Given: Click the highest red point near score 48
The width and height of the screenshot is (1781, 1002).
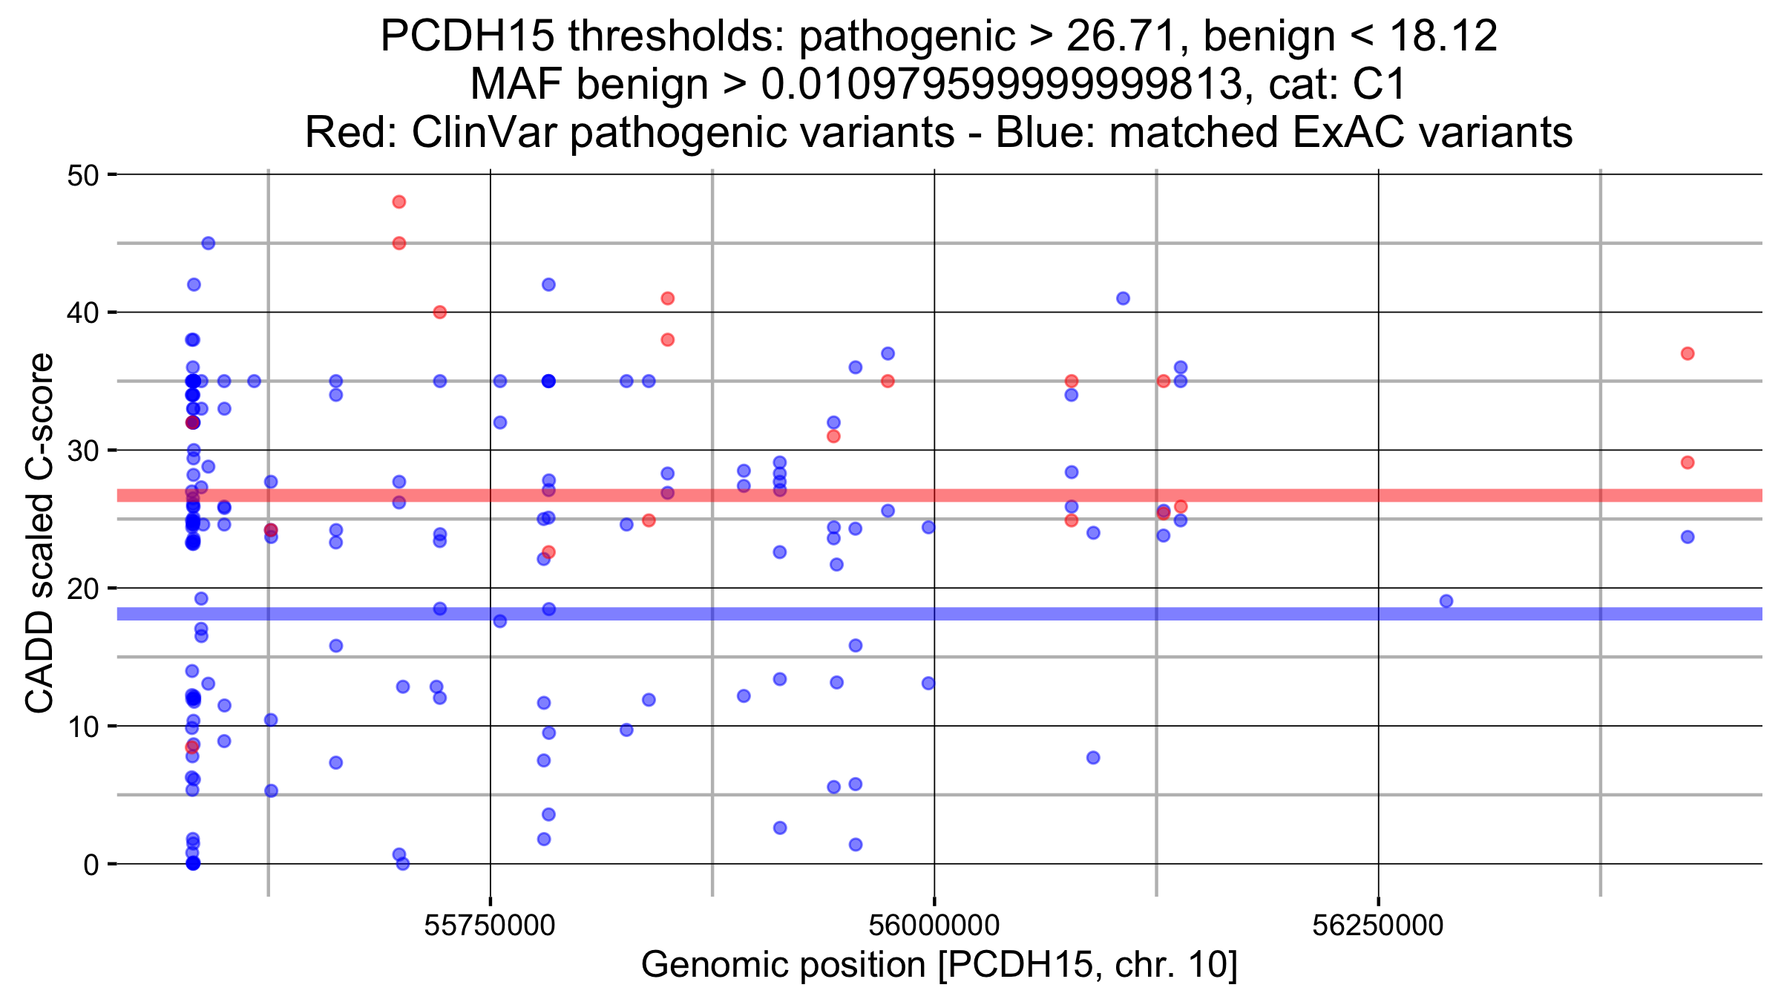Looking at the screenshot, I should point(398,202).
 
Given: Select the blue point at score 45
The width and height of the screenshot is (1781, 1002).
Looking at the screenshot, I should point(209,243).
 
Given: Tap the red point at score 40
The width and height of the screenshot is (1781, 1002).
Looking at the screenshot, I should point(439,312).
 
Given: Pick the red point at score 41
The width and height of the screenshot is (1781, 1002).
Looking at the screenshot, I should point(667,298).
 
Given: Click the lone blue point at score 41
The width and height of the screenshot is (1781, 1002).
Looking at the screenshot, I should point(1123,298).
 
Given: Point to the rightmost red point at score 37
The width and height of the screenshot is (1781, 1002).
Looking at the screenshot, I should point(1687,353).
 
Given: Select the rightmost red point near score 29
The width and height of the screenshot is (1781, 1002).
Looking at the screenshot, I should point(1687,462).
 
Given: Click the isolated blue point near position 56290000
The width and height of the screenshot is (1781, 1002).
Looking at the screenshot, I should point(1446,601).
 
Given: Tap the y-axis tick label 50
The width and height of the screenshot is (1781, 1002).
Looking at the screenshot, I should point(82,176).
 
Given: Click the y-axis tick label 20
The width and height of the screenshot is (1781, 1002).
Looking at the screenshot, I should point(82,589).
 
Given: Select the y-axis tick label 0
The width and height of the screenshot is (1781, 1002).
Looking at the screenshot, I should point(91,865).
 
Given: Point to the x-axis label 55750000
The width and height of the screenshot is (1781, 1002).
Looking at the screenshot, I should point(490,926).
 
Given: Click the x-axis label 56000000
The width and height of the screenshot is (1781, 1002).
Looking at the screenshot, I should point(934,926).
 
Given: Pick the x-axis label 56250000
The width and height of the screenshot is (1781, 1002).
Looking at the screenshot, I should point(1378,926).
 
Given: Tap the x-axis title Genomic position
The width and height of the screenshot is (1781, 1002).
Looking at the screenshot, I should point(939,966).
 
